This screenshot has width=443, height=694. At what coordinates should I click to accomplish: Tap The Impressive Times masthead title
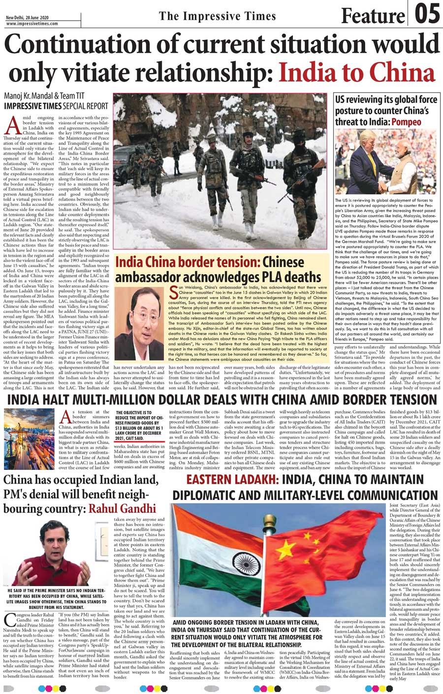tap(218, 16)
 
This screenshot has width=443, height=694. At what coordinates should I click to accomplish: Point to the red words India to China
tap(356, 72)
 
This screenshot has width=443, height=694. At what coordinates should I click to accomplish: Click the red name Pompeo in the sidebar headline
tap(406, 122)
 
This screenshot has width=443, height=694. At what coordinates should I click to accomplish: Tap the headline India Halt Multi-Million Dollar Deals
tap(221, 412)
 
